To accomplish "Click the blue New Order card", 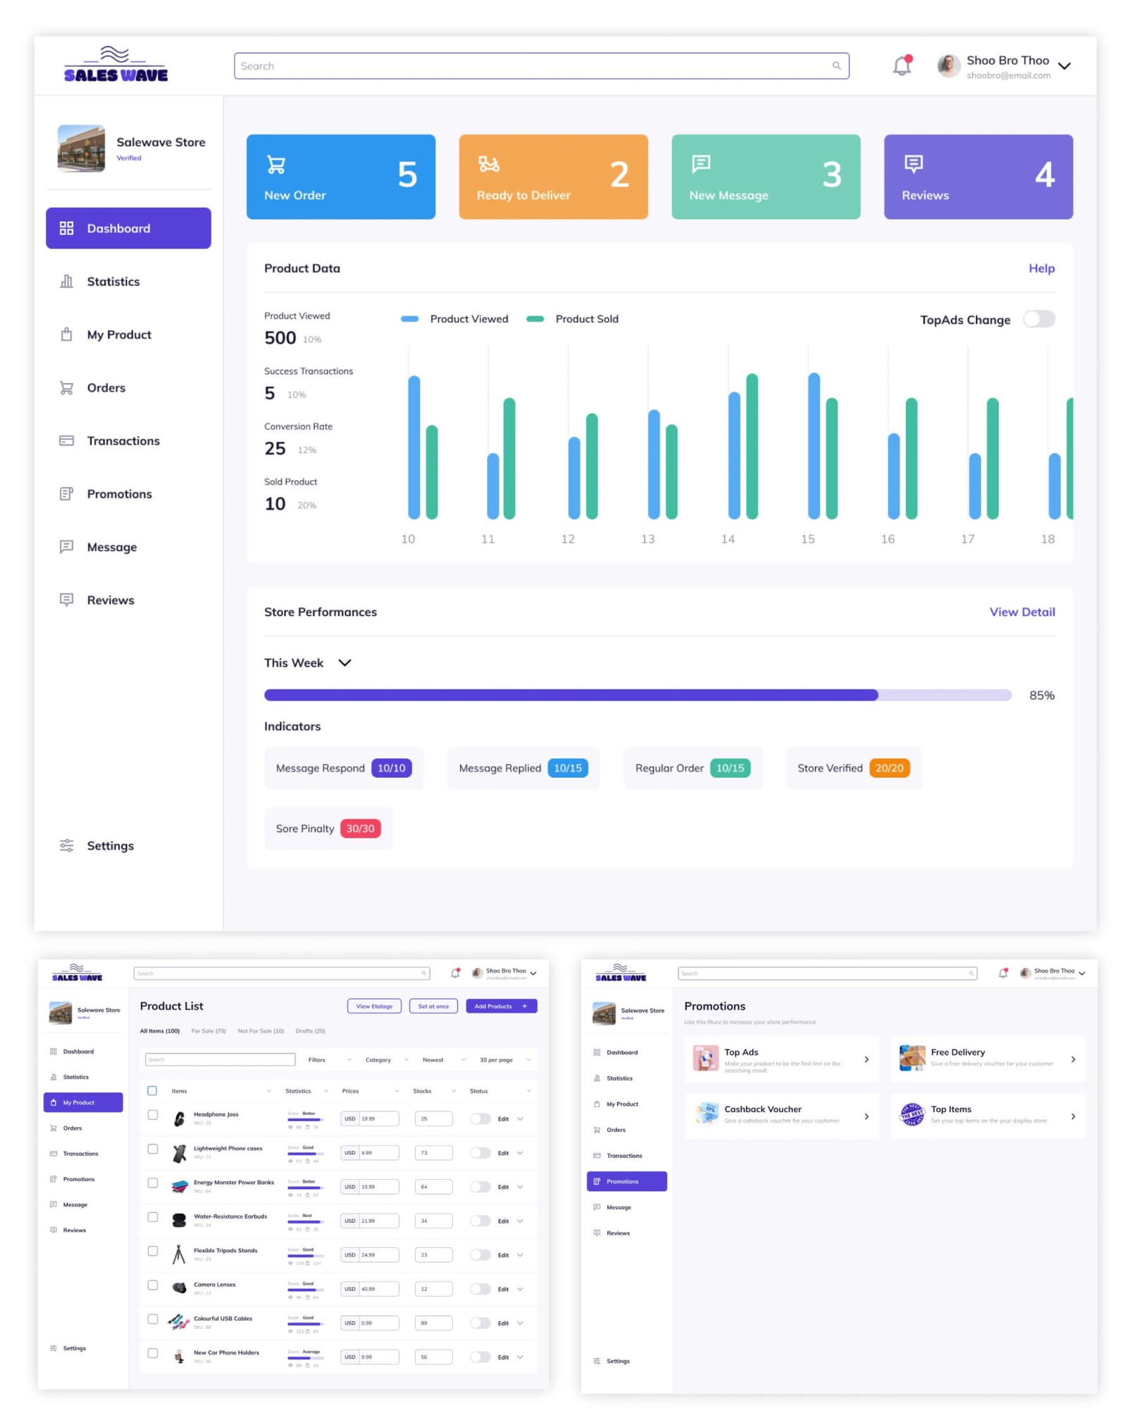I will pos(340,177).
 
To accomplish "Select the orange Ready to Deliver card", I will pos(553,177).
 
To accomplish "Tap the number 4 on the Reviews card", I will pos(1044,175).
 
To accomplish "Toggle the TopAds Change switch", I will pos(1039,320).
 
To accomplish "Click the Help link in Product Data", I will pos(1041,268).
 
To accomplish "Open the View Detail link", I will pos(1021,612).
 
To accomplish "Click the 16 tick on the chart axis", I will pos(888,538).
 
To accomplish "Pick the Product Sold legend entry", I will pos(586,319).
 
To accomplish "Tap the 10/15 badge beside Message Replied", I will pos(567,768).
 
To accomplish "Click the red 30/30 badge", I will pos(360,828).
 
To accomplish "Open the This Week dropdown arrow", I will pos(344,662).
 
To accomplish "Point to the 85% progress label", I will pos(1041,695).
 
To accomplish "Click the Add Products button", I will pos(501,1006).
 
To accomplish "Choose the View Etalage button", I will pos(374,1006).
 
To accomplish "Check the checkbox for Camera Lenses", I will pos(153,1285).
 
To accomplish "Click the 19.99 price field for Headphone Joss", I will pos(378,1118).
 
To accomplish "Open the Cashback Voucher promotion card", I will pos(781,1115).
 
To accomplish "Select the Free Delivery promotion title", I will pos(957,1052).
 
